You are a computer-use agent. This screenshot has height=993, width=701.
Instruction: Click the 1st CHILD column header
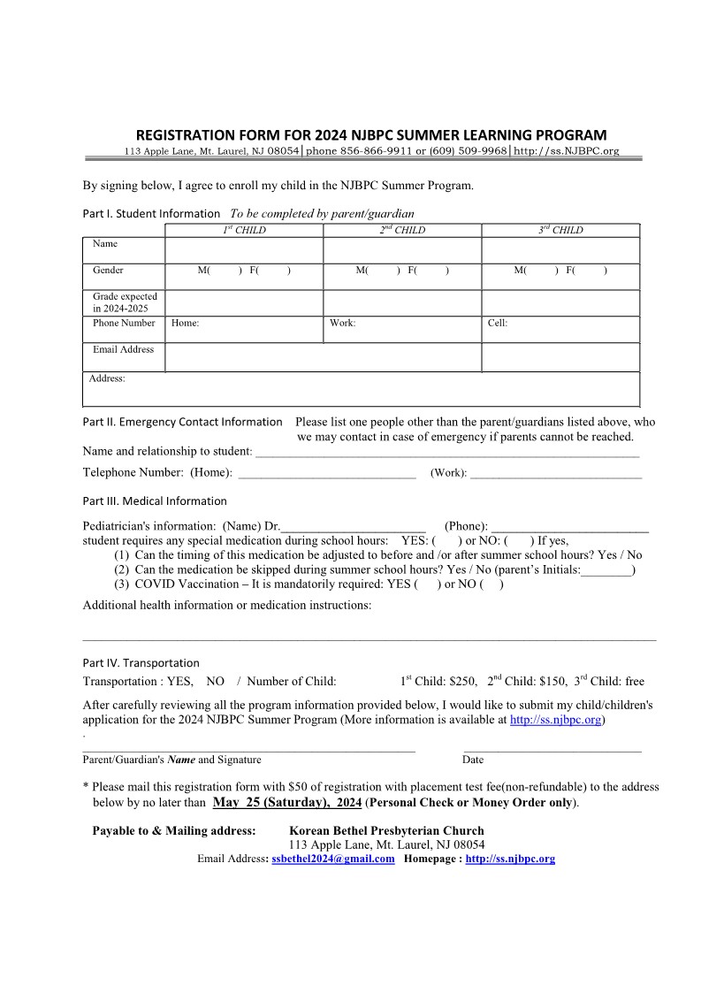click(x=243, y=230)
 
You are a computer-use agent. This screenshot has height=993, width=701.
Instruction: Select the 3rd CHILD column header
click(x=560, y=230)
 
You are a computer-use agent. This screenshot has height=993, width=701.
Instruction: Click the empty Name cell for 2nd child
click(x=402, y=250)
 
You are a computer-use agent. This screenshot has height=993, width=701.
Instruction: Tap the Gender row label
click(x=108, y=270)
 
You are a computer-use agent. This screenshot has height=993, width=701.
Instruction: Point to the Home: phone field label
click(x=185, y=323)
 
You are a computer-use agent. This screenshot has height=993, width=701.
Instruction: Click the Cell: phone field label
click(x=498, y=323)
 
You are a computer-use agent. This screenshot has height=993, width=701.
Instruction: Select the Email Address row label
click(x=123, y=349)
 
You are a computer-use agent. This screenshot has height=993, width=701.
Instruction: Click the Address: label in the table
click(x=107, y=378)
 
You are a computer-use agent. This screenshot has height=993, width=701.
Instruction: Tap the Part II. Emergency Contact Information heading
click(x=182, y=422)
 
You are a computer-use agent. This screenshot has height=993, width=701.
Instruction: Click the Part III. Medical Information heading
click(x=155, y=500)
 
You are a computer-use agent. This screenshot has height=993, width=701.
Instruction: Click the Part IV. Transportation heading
click(x=141, y=662)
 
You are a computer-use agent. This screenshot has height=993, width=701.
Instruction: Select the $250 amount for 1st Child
click(x=463, y=682)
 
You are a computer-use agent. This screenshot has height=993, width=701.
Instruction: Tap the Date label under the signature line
click(x=472, y=760)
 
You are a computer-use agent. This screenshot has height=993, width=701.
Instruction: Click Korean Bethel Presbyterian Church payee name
click(x=386, y=830)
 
